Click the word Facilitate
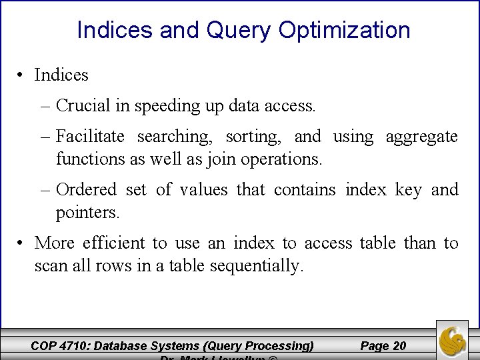(x=90, y=137)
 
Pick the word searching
(x=175, y=137)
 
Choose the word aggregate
(x=422, y=137)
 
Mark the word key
(x=408, y=191)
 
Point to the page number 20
(x=399, y=345)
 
